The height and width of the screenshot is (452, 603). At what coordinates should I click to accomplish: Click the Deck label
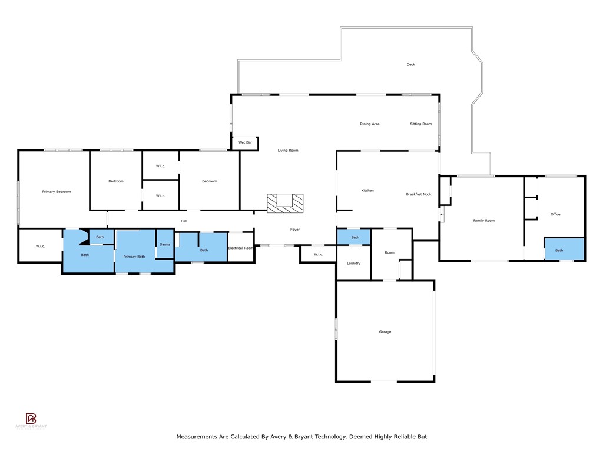point(410,64)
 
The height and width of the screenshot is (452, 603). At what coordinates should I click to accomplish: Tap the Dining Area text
point(370,124)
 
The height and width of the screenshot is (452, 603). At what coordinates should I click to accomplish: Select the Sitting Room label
point(421,124)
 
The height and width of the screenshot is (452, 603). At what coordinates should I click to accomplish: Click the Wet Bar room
point(245,143)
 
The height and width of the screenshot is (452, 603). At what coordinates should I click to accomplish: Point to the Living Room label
point(288,151)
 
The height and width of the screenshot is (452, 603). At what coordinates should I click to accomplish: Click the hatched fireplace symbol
point(286,203)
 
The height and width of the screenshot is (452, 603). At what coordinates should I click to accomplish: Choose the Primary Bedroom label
point(57,192)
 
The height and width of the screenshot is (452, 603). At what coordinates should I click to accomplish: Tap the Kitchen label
point(367,190)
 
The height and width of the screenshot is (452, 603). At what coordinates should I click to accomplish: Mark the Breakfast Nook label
point(419,194)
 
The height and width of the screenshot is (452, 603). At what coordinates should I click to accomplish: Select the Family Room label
point(484,221)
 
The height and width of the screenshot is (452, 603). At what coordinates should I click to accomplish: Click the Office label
point(555,214)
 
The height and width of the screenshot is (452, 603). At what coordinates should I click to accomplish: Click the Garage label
point(385,332)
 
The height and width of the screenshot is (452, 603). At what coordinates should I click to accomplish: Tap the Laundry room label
point(353,263)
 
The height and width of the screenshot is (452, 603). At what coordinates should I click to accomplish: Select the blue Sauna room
point(165,244)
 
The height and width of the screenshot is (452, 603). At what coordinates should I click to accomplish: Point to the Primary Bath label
point(134,257)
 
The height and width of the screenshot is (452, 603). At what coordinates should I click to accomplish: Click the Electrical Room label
point(240,248)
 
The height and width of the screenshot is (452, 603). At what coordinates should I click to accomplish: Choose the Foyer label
point(295,229)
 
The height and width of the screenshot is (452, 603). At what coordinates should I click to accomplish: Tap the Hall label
point(184,221)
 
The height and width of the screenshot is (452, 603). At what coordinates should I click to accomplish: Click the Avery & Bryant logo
point(31,420)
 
